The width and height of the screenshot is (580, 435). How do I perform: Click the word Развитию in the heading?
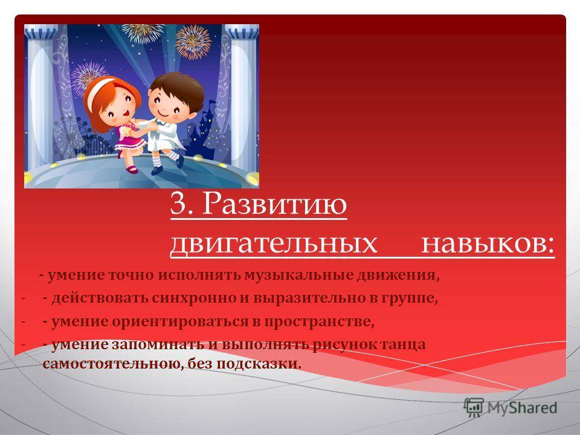[274, 204]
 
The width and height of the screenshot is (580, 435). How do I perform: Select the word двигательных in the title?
[273, 243]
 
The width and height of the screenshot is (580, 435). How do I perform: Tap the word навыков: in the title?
[488, 243]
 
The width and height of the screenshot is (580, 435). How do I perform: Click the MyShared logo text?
[522, 408]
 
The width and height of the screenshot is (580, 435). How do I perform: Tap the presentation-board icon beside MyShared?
[474, 408]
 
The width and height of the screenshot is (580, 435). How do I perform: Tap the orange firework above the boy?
[193, 42]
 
